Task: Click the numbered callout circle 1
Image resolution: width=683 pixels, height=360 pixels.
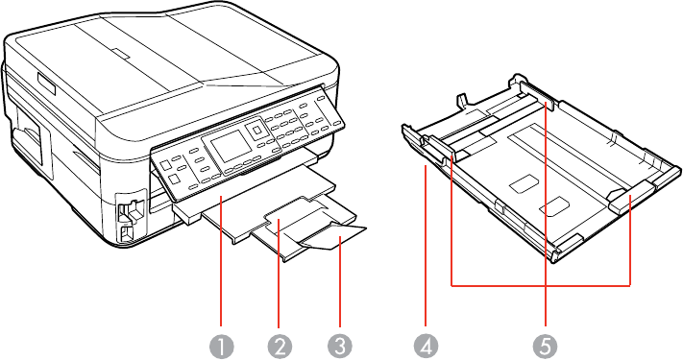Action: pyautogui.click(x=221, y=347)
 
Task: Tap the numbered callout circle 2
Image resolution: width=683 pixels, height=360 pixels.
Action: pyautogui.click(x=280, y=347)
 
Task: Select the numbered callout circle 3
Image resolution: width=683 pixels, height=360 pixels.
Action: pyautogui.click(x=339, y=347)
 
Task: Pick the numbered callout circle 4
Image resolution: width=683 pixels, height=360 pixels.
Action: pyautogui.click(x=427, y=347)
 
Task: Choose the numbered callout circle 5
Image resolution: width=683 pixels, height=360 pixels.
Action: pyautogui.click(x=546, y=347)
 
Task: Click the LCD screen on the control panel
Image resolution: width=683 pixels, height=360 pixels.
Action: pyautogui.click(x=228, y=145)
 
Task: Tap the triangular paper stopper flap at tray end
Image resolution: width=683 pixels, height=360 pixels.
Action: pyautogui.click(x=333, y=237)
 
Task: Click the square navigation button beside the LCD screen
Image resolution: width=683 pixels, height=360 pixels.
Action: pyautogui.click(x=255, y=130)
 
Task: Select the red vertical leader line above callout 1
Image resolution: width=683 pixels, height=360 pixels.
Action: pyautogui.click(x=221, y=262)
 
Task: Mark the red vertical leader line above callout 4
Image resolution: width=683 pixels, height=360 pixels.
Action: pyautogui.click(x=426, y=246)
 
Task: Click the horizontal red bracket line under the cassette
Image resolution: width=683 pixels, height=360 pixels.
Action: pyautogui.click(x=541, y=285)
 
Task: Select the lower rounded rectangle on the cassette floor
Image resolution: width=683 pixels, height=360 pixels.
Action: pyautogui.click(x=553, y=205)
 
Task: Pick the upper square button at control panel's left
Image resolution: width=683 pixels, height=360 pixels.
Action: pyautogui.click(x=166, y=165)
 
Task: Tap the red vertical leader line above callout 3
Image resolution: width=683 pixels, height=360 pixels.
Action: pyautogui.click(x=339, y=281)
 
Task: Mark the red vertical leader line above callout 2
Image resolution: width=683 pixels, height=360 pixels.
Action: pyautogui.click(x=279, y=274)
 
